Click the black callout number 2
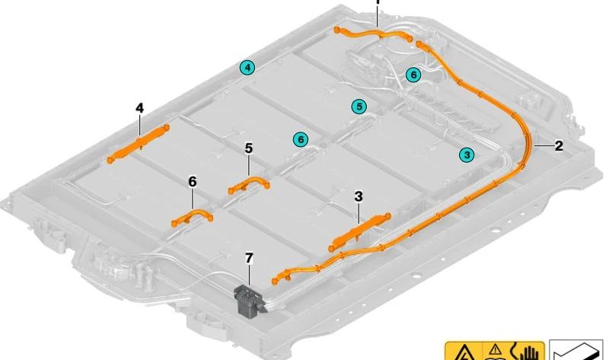coord(559,145)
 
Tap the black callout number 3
coord(359,196)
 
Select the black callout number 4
coord(139,109)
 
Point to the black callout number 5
coord(248,148)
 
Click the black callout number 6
coord(192,181)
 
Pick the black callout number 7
coord(248,259)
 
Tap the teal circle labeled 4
coord(247,68)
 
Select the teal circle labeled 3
coord(467,155)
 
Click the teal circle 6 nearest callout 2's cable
coord(413,75)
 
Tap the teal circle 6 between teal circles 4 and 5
coord(301,139)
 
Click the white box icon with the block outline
coord(576,350)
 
